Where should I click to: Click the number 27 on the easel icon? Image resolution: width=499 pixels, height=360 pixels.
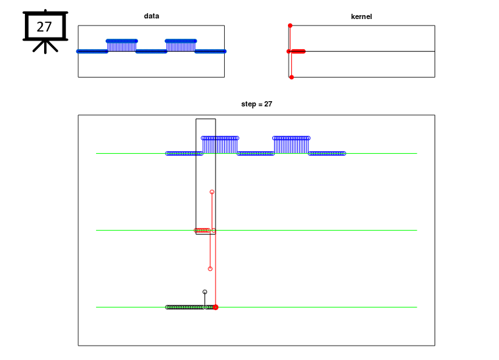(44, 27)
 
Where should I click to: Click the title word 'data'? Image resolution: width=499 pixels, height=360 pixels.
(151, 16)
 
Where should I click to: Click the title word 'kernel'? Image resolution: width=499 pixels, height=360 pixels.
(361, 16)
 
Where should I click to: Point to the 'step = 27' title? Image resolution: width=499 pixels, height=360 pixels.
(256, 104)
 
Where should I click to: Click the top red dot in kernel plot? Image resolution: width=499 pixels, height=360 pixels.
(290, 26)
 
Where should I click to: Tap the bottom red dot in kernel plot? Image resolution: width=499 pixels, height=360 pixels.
(291, 78)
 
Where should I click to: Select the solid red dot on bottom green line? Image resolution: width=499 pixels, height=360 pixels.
(216, 307)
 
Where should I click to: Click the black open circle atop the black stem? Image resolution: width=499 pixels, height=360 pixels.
(204, 292)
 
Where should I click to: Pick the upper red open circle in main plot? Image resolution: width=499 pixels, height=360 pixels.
(212, 192)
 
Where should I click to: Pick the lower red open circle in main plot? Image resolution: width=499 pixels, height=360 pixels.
(210, 269)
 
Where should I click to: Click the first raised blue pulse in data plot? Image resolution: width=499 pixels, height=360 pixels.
(122, 45)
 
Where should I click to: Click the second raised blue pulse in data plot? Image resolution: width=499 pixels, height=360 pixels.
(181, 45)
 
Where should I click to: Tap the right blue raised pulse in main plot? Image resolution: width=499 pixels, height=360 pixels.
(291, 145)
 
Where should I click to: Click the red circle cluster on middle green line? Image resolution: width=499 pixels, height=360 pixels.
(202, 230)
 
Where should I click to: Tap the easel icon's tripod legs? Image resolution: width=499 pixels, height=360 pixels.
(45, 47)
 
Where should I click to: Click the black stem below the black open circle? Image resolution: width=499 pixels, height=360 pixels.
(204, 300)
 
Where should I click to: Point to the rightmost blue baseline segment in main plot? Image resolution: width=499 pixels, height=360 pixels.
(327, 154)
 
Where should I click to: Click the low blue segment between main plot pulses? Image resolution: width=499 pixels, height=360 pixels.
(256, 154)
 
